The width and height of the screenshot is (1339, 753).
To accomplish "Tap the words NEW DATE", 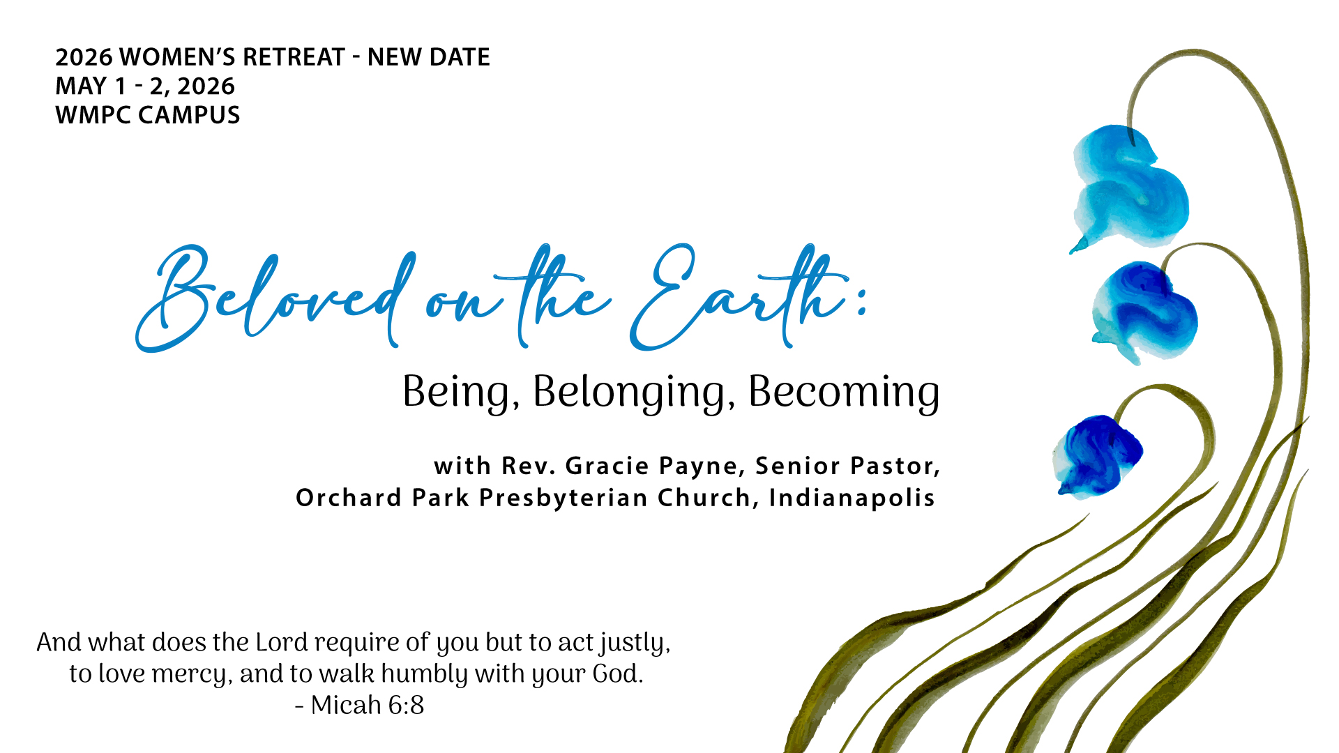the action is (x=429, y=57).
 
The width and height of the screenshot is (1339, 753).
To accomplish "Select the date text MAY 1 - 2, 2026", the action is (x=145, y=86).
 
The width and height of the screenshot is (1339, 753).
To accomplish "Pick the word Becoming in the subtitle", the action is (x=844, y=392).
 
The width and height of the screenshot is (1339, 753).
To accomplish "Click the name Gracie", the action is (x=607, y=466).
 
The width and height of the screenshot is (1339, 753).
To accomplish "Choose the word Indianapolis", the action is (x=852, y=498).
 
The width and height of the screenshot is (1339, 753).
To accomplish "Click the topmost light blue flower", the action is (x=1130, y=187).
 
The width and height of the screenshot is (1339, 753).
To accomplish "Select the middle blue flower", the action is (x=1144, y=312).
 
